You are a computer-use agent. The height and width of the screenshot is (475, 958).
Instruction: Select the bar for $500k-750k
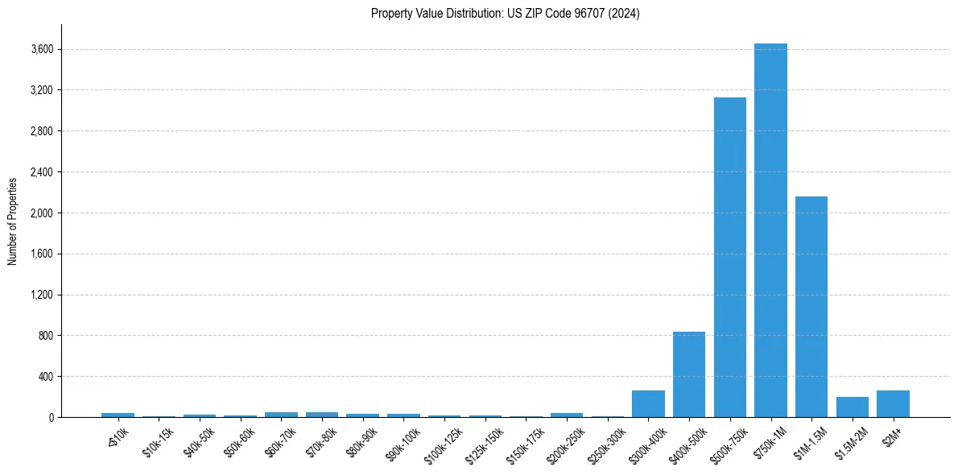729,258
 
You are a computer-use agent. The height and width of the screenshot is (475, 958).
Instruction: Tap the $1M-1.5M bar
811,307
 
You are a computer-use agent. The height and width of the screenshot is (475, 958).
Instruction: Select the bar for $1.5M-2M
853,407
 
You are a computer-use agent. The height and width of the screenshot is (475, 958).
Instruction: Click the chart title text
506,14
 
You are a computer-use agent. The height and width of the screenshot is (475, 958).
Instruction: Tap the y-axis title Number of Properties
13,221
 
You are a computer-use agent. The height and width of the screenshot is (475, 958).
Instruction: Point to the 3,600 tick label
42,50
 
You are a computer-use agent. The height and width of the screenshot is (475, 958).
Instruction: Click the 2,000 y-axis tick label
42,213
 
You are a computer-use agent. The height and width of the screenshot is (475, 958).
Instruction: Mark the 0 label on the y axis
51,418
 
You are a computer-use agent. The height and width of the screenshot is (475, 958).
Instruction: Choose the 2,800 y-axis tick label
42,131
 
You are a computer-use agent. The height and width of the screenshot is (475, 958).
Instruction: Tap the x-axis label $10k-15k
159,442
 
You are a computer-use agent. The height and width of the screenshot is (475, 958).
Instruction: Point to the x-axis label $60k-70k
281,442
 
